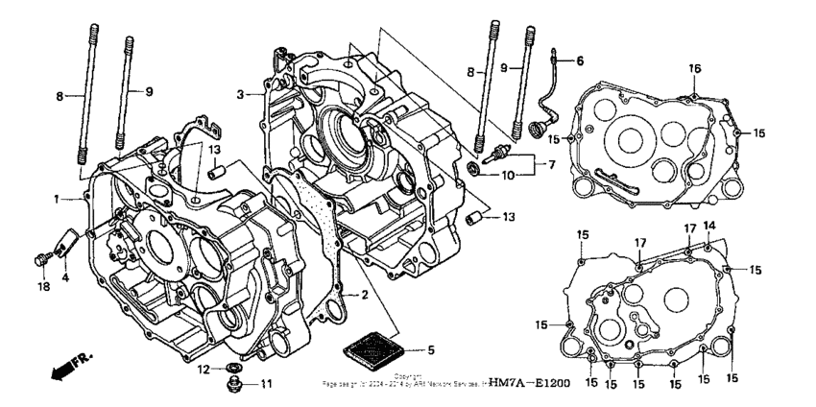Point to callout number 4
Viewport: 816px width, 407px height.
(x=65, y=278)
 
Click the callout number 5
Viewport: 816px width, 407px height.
(x=431, y=349)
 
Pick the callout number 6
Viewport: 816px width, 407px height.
(x=579, y=60)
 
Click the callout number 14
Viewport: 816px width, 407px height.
(x=709, y=225)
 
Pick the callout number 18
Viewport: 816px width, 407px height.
(x=42, y=285)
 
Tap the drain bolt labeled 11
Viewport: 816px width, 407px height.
(x=232, y=385)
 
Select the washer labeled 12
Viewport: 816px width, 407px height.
(x=232, y=368)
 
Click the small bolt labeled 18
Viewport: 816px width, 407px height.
(x=43, y=258)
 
